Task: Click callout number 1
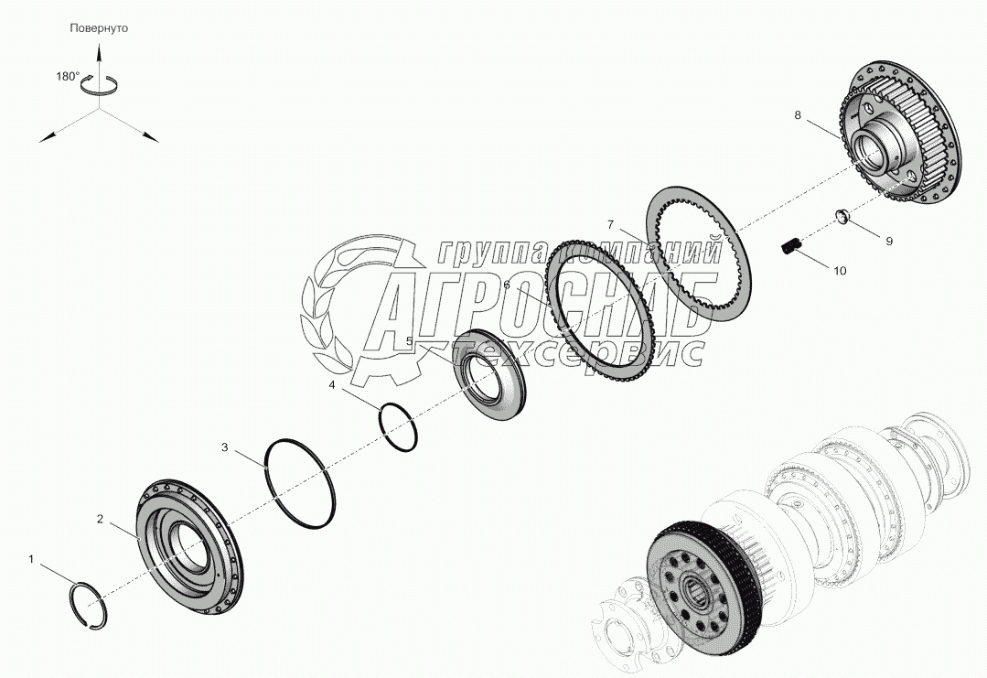tap(31, 558)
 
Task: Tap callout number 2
tap(100, 519)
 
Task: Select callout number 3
tap(225, 447)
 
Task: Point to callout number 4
tap(332, 384)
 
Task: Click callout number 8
tap(798, 115)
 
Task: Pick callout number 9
tap(889, 241)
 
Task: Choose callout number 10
tap(841, 271)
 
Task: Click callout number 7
tap(610, 225)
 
